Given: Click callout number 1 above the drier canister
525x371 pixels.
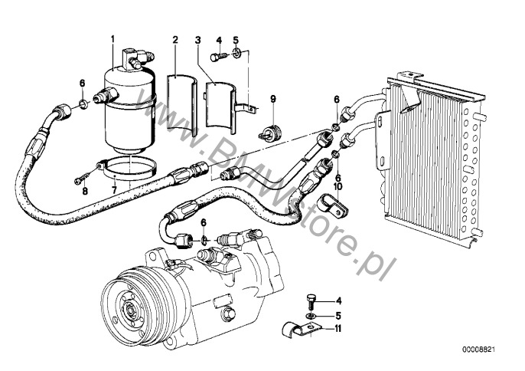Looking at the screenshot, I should click(x=112, y=38).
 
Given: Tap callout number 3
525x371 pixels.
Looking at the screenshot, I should click(x=197, y=39).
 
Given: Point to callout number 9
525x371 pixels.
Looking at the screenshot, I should click(x=272, y=97).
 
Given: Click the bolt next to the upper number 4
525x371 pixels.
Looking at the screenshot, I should click(x=218, y=55).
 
